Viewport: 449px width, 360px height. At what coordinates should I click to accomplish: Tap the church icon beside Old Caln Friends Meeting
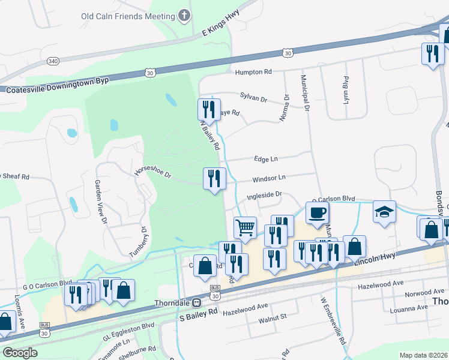184,16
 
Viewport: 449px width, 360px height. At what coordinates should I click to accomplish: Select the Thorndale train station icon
197,302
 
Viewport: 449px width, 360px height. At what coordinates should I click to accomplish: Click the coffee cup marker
317,212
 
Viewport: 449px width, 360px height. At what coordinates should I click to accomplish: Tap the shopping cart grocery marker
245,227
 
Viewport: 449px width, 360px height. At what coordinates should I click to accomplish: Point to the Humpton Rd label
253,72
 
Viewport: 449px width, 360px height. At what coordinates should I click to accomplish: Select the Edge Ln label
265,159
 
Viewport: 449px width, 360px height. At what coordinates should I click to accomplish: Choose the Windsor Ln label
268,178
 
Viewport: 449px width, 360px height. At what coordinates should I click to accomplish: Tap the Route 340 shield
52,61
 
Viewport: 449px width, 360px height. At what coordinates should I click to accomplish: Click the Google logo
20,352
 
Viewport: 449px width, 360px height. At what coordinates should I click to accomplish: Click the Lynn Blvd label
346,90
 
